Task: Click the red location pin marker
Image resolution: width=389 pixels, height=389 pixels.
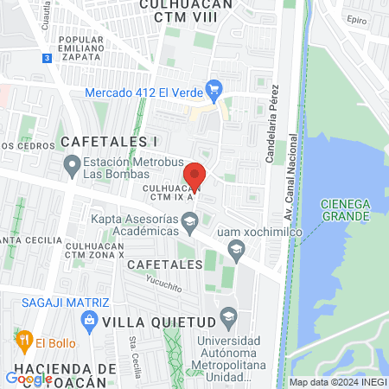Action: [x=196, y=175]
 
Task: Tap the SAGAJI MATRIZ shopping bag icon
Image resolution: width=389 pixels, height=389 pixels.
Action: [x=87, y=320]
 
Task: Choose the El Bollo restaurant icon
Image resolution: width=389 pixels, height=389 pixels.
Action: [x=24, y=339]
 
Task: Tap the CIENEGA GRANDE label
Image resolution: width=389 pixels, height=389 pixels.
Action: [x=345, y=209]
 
